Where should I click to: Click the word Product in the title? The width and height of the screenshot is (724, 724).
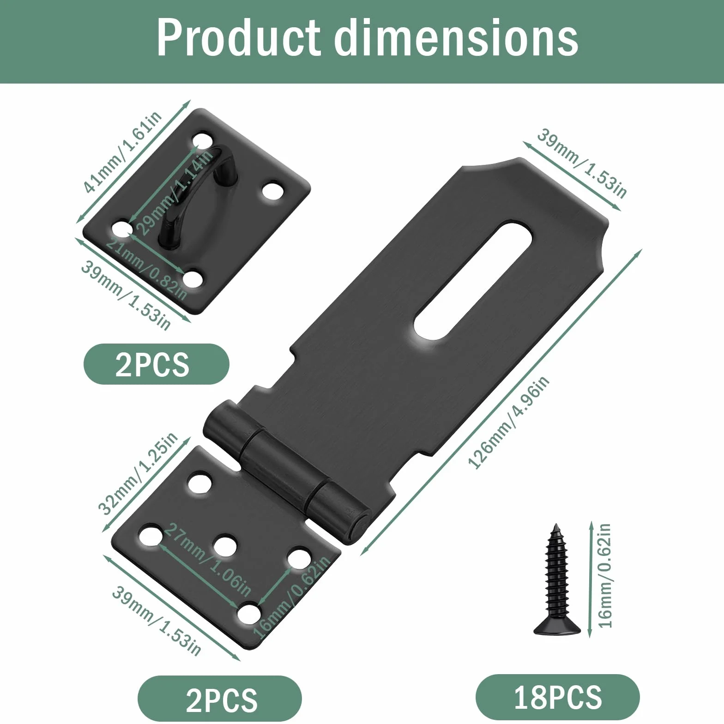pyautogui.click(x=238, y=38)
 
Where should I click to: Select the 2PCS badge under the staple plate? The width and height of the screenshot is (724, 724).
pyautogui.click(x=156, y=364)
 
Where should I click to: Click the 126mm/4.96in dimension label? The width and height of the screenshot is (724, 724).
pyautogui.click(x=509, y=422)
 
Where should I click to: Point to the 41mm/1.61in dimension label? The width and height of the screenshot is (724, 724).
pyautogui.click(x=122, y=151)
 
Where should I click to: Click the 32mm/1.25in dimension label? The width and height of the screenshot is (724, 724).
pyautogui.click(x=137, y=474)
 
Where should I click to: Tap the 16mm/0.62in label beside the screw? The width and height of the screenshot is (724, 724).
pyautogui.click(x=604, y=575)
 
